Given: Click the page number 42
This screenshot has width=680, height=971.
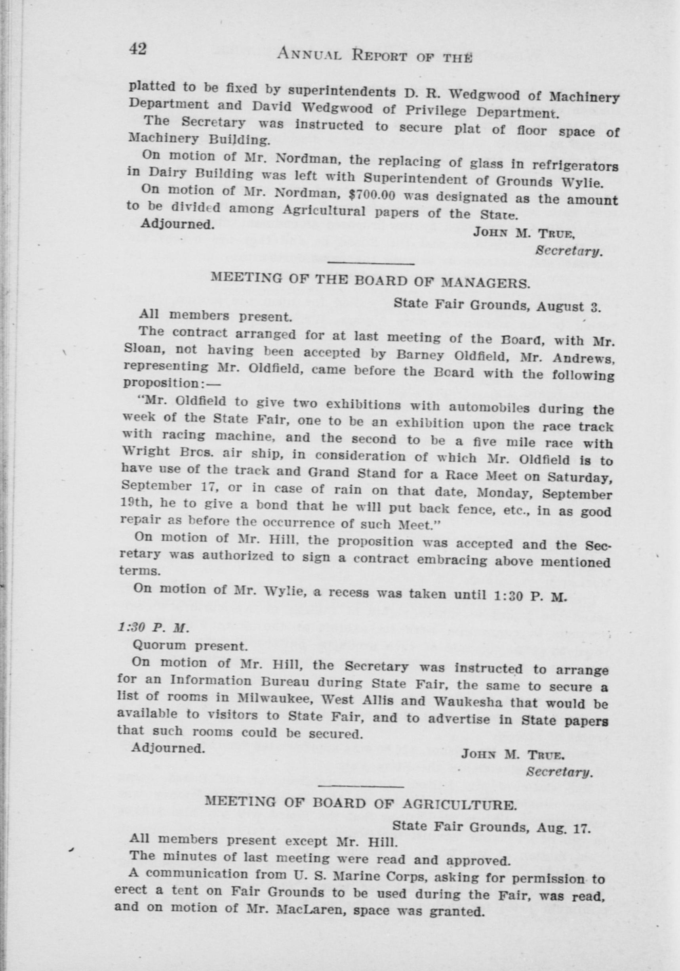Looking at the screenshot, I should [138, 49].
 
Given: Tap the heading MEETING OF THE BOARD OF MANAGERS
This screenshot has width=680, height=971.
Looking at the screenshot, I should [370, 280].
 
